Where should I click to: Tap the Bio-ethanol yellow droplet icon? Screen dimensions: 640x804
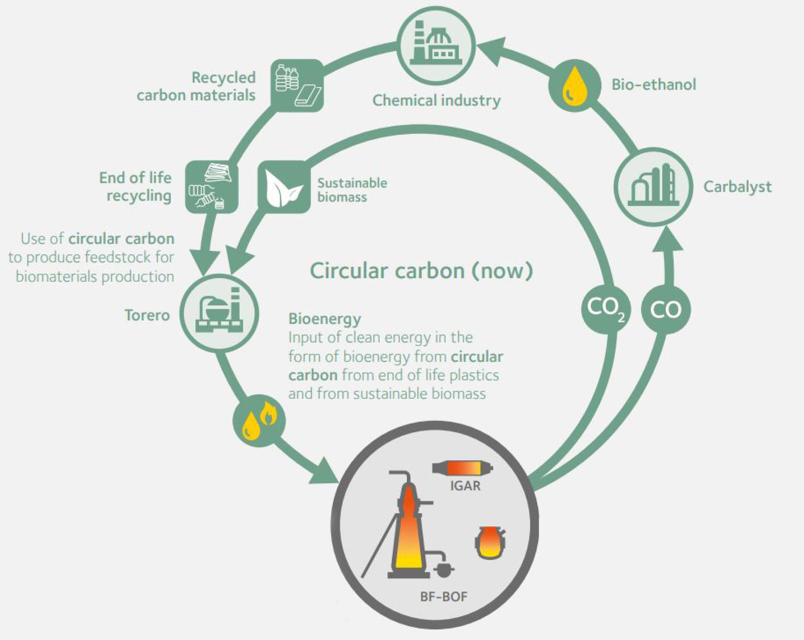(575, 86)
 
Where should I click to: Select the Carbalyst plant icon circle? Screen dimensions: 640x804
(654, 187)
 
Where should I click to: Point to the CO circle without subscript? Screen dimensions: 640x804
(666, 310)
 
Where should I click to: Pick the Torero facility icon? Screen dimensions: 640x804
(219, 313)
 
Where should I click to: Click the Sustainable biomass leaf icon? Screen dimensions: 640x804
(284, 187)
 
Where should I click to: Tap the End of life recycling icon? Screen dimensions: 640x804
(211, 187)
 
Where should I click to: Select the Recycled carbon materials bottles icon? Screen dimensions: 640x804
(297, 85)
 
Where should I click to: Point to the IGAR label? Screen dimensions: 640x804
(465, 486)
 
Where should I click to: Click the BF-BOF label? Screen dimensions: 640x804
(443, 596)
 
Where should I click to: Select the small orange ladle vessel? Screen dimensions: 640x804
(489, 543)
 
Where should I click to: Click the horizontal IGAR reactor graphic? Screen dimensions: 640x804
(462, 468)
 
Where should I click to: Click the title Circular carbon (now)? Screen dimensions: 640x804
(421, 271)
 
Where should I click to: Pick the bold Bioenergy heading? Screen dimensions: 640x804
(324, 319)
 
